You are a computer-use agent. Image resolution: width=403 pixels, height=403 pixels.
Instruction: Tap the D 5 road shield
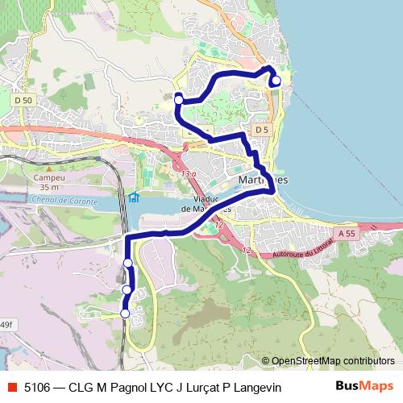coord(260,130)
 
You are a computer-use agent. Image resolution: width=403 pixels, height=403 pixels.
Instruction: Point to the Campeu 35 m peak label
coord(38,182)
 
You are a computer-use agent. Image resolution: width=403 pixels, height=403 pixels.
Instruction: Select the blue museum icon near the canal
coord(134,197)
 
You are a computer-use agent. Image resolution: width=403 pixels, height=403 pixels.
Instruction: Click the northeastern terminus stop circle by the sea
coord(276,80)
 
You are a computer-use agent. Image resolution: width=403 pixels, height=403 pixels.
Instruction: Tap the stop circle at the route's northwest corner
coord(178,99)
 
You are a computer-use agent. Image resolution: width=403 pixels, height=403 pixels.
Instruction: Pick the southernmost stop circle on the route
coord(125,313)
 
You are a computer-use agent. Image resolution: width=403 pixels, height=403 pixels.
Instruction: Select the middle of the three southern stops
coord(127,289)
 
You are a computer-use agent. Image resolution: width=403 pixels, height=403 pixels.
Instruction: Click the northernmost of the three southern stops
coord(127,264)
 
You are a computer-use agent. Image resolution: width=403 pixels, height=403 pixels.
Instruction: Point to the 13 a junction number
coord(189,173)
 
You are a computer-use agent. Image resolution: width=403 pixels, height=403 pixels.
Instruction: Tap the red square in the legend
coord(11,388)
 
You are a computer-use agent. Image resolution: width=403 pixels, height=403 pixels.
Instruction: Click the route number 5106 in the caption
coord(39,388)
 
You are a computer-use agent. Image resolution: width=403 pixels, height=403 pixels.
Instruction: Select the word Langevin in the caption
coord(256,388)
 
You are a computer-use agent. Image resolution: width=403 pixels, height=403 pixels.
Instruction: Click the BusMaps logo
coord(364,386)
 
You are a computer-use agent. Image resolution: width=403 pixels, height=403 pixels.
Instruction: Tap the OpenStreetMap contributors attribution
coord(333,361)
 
